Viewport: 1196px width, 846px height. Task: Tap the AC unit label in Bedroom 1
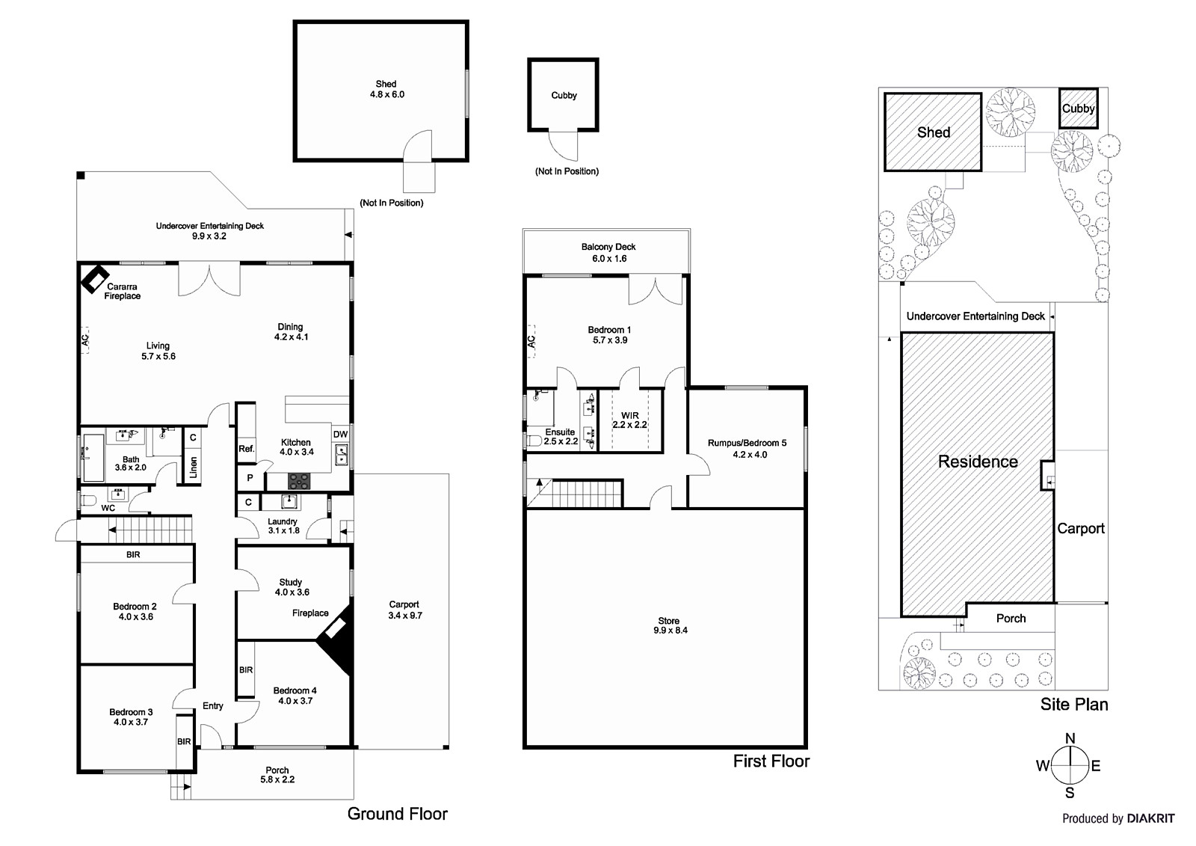click(531, 341)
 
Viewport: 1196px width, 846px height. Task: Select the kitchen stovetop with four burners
click(300, 480)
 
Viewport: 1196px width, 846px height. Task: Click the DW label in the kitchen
click(340, 435)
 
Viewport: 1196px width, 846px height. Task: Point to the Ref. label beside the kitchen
click(246, 449)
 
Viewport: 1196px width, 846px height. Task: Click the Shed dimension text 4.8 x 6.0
click(386, 95)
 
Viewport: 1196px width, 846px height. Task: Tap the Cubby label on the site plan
click(1078, 108)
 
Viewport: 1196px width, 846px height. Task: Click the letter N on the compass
click(1070, 739)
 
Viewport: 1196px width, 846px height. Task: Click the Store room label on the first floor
click(668, 621)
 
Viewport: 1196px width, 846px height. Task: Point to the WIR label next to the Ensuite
click(629, 416)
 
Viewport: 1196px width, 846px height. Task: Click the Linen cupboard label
click(193, 468)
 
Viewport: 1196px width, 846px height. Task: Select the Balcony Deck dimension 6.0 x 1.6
click(608, 259)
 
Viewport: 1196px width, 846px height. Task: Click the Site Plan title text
click(1073, 705)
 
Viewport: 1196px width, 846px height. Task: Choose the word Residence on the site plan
click(978, 462)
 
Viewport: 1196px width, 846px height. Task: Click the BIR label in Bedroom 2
click(133, 555)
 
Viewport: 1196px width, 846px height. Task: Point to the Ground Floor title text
click(397, 814)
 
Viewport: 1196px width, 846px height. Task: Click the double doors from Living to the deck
click(209, 279)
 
